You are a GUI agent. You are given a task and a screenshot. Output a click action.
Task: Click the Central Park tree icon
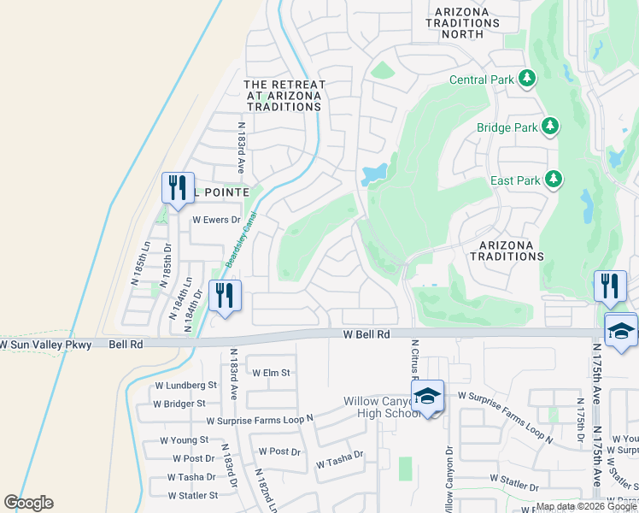[527, 80]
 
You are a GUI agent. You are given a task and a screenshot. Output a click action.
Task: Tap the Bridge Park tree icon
[550, 127]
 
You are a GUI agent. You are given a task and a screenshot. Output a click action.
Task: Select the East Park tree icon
[554, 180]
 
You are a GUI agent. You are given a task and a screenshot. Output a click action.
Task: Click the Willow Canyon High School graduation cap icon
[428, 396]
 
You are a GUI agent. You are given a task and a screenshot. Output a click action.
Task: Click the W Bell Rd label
[366, 335]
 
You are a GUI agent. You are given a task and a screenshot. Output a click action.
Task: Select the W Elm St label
[272, 373]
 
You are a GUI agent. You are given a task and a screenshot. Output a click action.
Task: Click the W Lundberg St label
[185, 386]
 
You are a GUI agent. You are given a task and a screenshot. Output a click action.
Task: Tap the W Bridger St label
[179, 403]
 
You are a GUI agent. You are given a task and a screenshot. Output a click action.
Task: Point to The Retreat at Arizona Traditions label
[284, 96]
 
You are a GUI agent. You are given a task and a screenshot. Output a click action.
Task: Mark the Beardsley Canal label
[240, 240]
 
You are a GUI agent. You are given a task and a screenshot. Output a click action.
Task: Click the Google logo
[28, 503]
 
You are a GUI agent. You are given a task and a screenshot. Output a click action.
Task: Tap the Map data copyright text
[586, 506]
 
